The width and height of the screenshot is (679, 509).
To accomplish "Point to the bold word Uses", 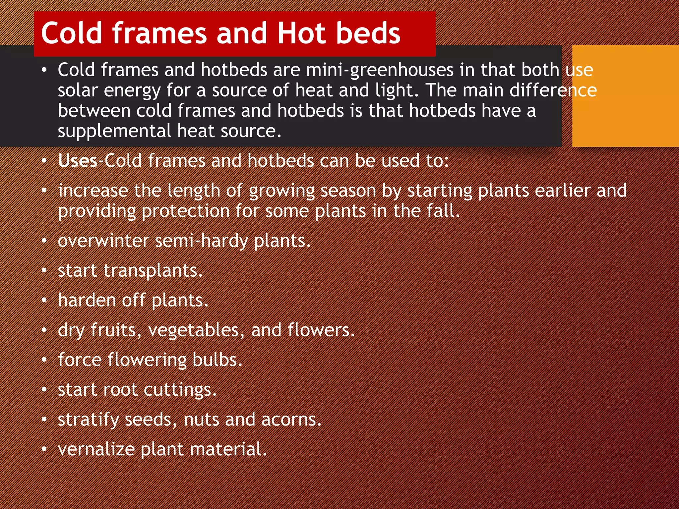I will (x=78, y=161).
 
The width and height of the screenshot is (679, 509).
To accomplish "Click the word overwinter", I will (x=103, y=241).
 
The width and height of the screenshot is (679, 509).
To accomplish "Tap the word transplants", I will (x=153, y=271).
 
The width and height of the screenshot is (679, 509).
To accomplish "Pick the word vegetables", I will (x=196, y=331).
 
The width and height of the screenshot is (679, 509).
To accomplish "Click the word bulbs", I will (x=217, y=360).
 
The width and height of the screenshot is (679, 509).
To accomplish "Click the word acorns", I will (x=291, y=420).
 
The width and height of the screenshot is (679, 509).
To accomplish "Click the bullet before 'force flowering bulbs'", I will (x=44, y=360).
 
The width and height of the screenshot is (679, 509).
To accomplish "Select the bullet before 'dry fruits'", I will (x=44, y=330).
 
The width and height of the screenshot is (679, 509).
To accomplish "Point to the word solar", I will (x=78, y=90).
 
